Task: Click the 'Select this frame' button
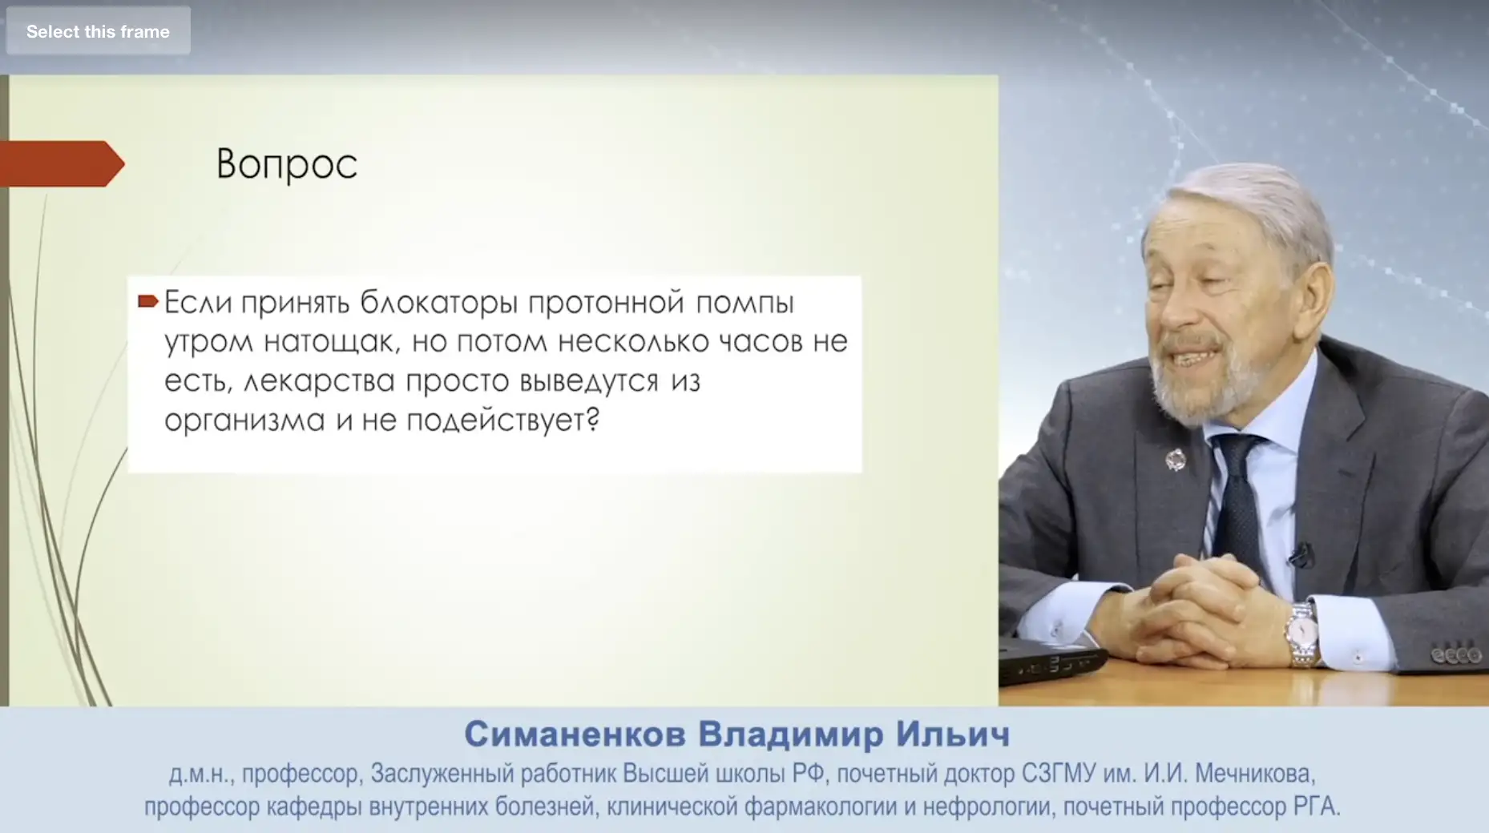pyautogui.click(x=98, y=31)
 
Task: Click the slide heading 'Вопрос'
pyautogui.click(x=287, y=165)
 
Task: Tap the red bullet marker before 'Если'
pyautogui.click(x=148, y=301)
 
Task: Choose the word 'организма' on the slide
pyautogui.click(x=244, y=421)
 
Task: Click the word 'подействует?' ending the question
pyautogui.click(x=503, y=421)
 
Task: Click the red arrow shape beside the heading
pyautogui.click(x=63, y=163)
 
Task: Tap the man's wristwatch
pyautogui.click(x=1302, y=634)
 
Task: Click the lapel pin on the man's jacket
pyautogui.click(x=1175, y=461)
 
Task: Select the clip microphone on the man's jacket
pyautogui.click(x=1300, y=554)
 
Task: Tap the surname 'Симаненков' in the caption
pyautogui.click(x=575, y=734)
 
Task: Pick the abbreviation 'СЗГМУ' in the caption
pyautogui.click(x=1058, y=774)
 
